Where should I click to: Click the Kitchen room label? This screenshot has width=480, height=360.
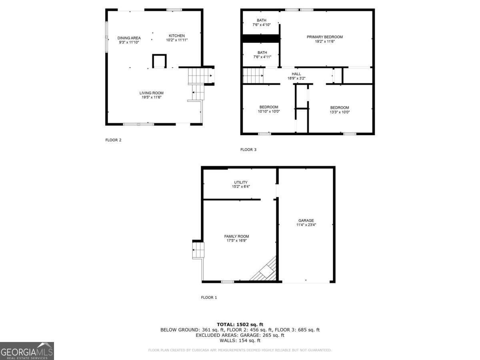coord(177,36)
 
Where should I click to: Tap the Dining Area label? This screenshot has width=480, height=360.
coord(129,38)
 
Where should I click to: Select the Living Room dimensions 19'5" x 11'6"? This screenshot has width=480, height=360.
coord(151,97)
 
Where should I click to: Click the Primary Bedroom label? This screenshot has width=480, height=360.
coord(324,37)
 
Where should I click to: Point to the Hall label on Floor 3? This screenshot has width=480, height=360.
coord(296,74)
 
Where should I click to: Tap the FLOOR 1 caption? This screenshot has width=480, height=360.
coord(209,298)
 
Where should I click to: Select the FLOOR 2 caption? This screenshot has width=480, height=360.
coord(113,140)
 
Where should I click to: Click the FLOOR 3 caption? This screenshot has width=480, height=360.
coord(248,150)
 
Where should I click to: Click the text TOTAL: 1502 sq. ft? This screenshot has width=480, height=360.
coord(240,324)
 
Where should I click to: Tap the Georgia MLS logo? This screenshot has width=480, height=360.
coord(27,351)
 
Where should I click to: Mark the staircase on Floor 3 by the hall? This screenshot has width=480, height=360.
coord(253,75)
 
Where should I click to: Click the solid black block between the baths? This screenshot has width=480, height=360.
coord(261,38)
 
